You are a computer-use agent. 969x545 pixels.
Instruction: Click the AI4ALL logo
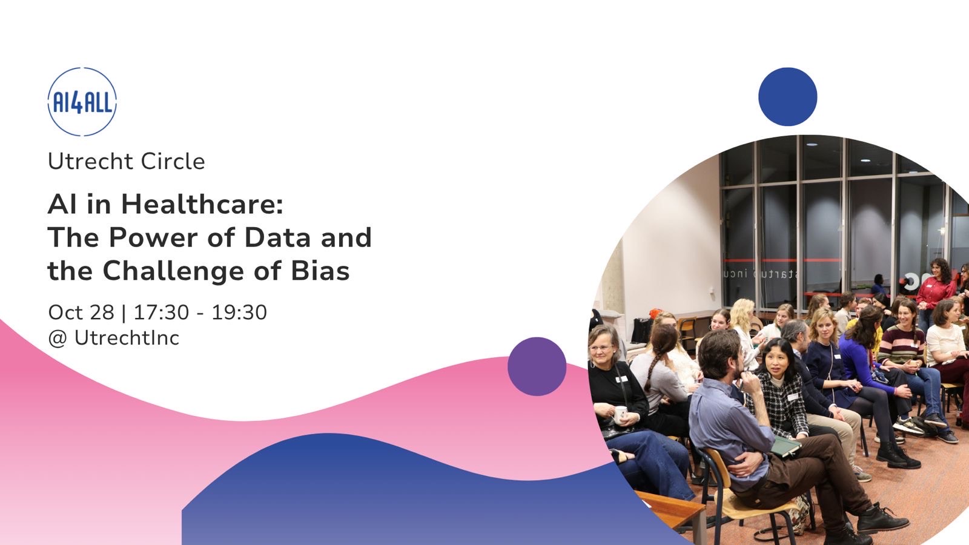coord(82,102)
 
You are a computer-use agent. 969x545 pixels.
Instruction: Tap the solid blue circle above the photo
coord(788,96)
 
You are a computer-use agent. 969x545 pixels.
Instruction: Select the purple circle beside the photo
coord(537,366)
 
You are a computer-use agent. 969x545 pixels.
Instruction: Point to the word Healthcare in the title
coord(202,204)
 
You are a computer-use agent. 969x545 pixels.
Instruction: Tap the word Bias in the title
coord(320,271)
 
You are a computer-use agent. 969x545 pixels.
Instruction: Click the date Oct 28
coord(81,312)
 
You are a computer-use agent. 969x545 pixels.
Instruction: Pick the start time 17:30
coord(161,312)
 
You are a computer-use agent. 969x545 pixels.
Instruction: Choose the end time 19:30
coord(239,312)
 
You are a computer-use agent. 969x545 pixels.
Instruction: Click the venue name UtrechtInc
coord(127,338)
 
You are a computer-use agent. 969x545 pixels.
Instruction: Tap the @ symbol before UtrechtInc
coord(58,339)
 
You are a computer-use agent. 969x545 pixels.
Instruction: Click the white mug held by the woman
coord(620,414)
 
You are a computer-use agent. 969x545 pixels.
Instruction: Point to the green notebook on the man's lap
coord(785,446)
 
